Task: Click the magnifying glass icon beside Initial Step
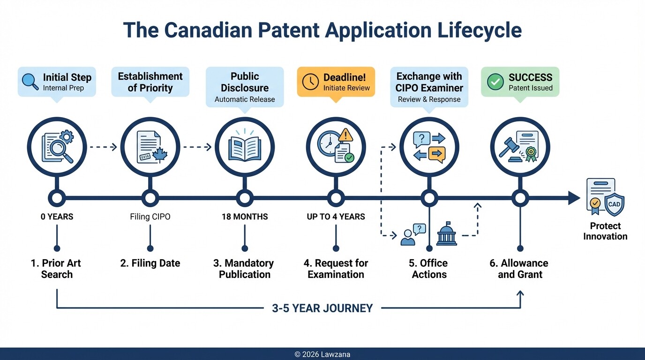(30, 81)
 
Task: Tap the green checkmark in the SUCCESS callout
(495, 82)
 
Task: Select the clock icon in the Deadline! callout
(310, 82)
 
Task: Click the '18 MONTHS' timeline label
(245, 217)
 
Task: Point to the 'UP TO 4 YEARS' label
(336, 217)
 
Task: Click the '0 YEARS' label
(57, 217)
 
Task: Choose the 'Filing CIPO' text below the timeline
(150, 217)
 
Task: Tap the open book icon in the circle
(244, 147)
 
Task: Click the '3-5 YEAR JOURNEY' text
(322, 308)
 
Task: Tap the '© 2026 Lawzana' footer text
(322, 354)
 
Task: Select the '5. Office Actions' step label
(429, 269)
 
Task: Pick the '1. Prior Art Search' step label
(56, 269)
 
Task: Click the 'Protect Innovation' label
(605, 231)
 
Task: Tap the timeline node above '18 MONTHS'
(245, 198)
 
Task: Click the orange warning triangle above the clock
(345, 135)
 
